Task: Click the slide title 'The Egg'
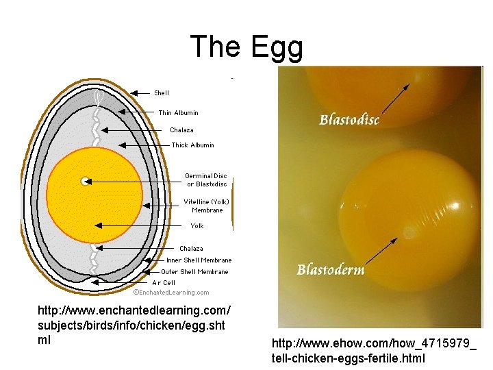[246, 47]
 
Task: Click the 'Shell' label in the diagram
[162, 92]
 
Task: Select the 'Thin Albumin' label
[178, 112]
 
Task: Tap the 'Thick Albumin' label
[192, 145]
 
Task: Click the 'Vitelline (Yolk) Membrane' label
[206, 206]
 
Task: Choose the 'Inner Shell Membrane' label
[199, 260]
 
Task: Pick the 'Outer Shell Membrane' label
[194, 271]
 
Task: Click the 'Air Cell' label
[164, 282]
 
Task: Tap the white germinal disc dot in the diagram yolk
[85, 181]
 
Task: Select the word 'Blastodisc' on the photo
[349, 120]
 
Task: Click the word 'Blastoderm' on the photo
[331, 269]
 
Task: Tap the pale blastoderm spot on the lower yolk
[409, 233]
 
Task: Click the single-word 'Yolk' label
[197, 225]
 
